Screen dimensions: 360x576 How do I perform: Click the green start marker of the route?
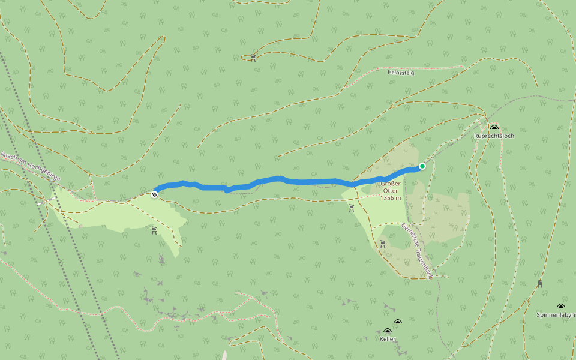tap(422, 166)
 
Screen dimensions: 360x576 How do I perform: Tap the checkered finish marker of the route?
tap(155, 194)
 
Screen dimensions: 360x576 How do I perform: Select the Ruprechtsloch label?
tap(494, 136)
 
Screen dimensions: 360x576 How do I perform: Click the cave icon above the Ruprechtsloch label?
tap(494, 128)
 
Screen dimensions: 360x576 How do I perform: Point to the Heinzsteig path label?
tap(401, 73)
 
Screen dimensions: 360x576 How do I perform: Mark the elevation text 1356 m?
tap(390, 197)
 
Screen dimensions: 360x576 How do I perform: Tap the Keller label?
tap(388, 339)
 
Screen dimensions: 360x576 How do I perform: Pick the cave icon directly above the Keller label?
tap(388, 331)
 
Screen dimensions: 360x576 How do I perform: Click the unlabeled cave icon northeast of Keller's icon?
tap(397, 323)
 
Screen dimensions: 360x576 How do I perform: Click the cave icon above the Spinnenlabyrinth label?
tap(561, 307)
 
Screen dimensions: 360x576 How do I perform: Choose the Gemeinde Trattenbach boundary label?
tap(416, 250)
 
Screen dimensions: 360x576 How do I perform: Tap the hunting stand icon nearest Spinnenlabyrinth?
tap(540, 284)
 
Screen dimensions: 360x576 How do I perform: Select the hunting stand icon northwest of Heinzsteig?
tap(253, 58)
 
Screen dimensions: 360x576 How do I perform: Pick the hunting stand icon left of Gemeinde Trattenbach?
tap(382, 244)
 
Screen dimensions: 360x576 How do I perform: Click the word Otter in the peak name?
tap(390, 191)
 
